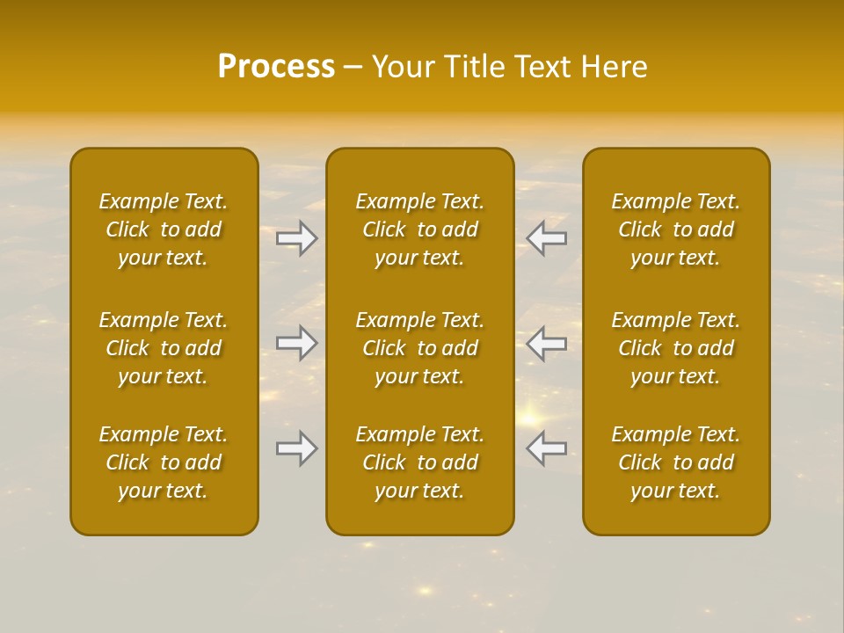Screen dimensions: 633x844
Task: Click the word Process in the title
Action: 276,66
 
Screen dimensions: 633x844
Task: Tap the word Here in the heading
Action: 615,66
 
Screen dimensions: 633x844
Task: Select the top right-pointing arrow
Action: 297,238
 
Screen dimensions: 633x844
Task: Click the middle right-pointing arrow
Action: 297,343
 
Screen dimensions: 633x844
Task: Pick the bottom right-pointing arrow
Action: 297,448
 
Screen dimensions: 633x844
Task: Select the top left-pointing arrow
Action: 546,238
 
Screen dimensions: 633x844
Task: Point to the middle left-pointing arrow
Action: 546,343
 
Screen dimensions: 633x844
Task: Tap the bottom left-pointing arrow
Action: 546,448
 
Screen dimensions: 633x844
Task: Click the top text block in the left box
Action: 164,229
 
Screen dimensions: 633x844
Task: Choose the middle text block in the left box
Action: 164,348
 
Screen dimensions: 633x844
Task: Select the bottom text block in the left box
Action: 164,462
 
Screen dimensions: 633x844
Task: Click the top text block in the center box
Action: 419,229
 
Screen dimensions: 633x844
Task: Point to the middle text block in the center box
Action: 419,348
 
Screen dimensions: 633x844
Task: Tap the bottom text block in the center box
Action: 419,462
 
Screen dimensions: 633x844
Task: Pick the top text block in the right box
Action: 675,229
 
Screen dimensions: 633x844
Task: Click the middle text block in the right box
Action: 675,348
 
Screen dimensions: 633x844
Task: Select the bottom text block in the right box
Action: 675,462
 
